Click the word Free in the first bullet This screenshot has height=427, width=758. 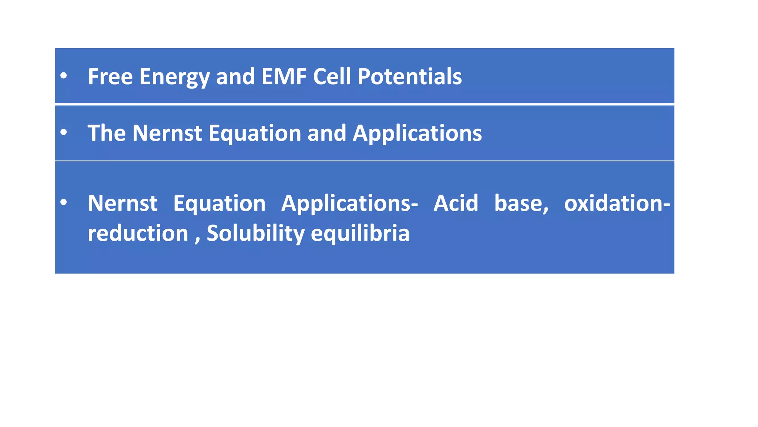point(110,76)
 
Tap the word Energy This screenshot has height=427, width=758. point(174,77)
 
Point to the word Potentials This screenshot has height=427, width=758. point(409,76)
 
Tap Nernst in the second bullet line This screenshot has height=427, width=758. point(167,133)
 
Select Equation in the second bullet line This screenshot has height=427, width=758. point(255,133)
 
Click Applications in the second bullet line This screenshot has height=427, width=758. point(417,133)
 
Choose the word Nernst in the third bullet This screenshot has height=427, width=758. point(123,203)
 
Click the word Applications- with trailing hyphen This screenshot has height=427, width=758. point(349,204)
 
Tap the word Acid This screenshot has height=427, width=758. point(456,203)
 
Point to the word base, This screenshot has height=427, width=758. point(521,203)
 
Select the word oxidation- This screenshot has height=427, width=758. point(617,203)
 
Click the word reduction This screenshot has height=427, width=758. point(138,233)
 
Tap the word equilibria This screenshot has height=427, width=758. point(360,234)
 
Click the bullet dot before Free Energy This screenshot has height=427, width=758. point(64,76)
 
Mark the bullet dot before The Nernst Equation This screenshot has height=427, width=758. point(64,132)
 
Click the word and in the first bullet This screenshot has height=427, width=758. point(235,76)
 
